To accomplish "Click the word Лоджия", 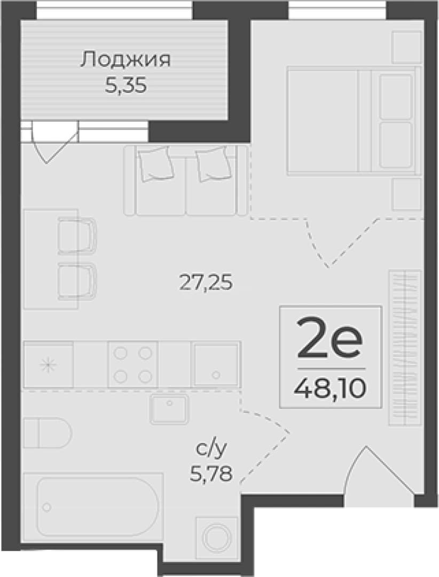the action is (126, 60).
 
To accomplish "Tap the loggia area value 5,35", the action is (126, 85).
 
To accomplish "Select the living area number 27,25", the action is (206, 283).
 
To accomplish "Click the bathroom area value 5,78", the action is (211, 473).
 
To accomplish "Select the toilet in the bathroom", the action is (48, 433).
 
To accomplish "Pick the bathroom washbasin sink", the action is (169, 409).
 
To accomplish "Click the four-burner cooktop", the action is (133, 364).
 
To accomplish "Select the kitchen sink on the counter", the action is (216, 364).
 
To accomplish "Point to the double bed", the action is (354, 120).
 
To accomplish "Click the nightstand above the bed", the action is (406, 47).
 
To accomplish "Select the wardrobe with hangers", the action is (405, 348).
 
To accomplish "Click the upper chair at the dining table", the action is (77, 236).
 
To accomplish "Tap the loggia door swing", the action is (56, 142).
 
